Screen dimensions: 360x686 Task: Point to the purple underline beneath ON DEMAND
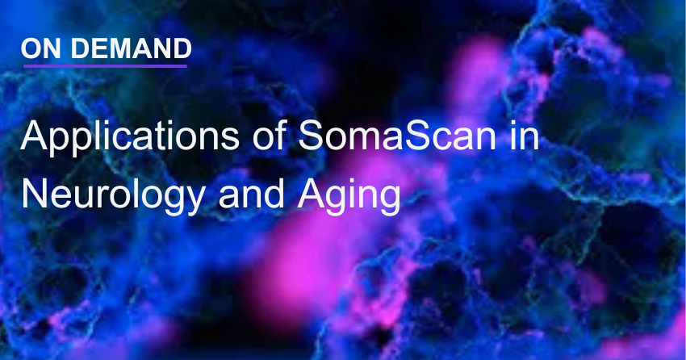(106, 65)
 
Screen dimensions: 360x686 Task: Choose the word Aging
(349, 196)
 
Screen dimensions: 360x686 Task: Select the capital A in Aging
(311, 195)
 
